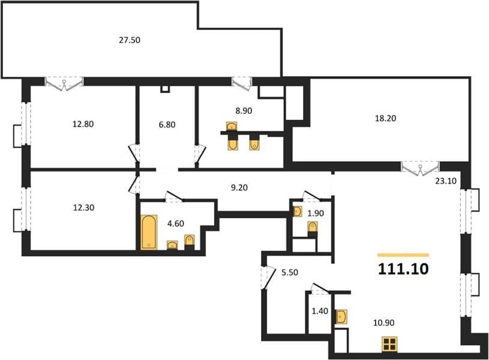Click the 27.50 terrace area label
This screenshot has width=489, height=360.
tap(130, 40)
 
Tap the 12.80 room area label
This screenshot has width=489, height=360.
tap(83, 124)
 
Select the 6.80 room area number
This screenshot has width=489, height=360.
tap(167, 125)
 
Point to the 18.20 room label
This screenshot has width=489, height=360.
tap(385, 119)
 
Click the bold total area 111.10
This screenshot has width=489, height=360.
tap(403, 269)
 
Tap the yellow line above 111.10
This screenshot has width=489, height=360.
tap(403, 255)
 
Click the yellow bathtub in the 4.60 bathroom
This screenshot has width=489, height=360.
tap(149, 232)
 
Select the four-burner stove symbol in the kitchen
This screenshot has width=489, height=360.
tap(389, 344)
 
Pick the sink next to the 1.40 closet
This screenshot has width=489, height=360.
tap(341, 317)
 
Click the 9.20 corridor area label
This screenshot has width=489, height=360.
tap(239, 188)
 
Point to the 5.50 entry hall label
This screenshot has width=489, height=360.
tap(290, 272)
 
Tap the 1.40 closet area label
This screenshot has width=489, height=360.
tap(320, 311)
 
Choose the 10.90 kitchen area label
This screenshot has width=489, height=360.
tap(384, 323)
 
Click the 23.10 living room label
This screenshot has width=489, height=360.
tap(446, 181)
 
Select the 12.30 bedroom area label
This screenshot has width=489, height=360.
tap(83, 208)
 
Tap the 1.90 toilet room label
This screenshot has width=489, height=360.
tap(316, 214)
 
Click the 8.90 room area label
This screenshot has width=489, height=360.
tap(244, 111)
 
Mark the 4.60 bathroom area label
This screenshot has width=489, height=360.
tap(176, 224)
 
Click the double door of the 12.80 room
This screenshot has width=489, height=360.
tap(64, 84)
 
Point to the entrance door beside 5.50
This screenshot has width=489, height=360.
tap(268, 278)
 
